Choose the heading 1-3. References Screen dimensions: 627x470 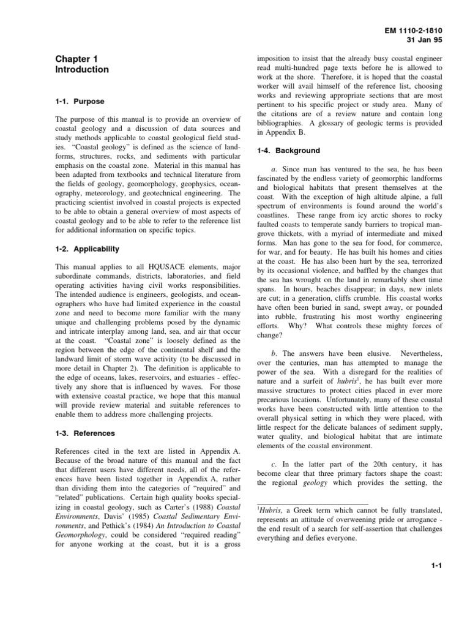85,434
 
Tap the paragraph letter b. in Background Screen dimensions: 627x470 274,353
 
